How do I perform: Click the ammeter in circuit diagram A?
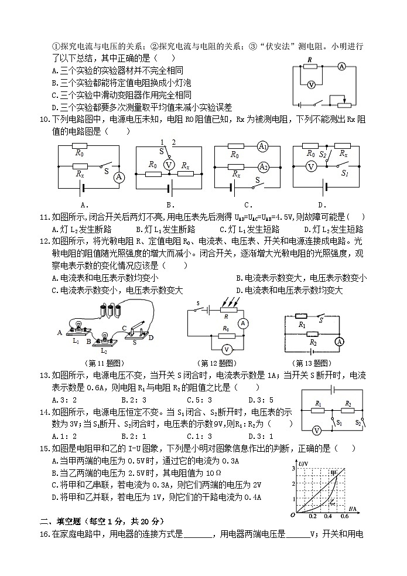[x=119, y=177]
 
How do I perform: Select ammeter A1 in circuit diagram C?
[x=263, y=146]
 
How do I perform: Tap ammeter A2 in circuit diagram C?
[x=263, y=167]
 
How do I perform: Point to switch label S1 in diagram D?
[x=345, y=174]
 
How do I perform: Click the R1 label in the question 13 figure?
[x=302, y=325]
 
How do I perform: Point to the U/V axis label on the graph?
[x=303, y=464]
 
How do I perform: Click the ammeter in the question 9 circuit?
[x=341, y=67]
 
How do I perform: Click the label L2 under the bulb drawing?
[x=104, y=350]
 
